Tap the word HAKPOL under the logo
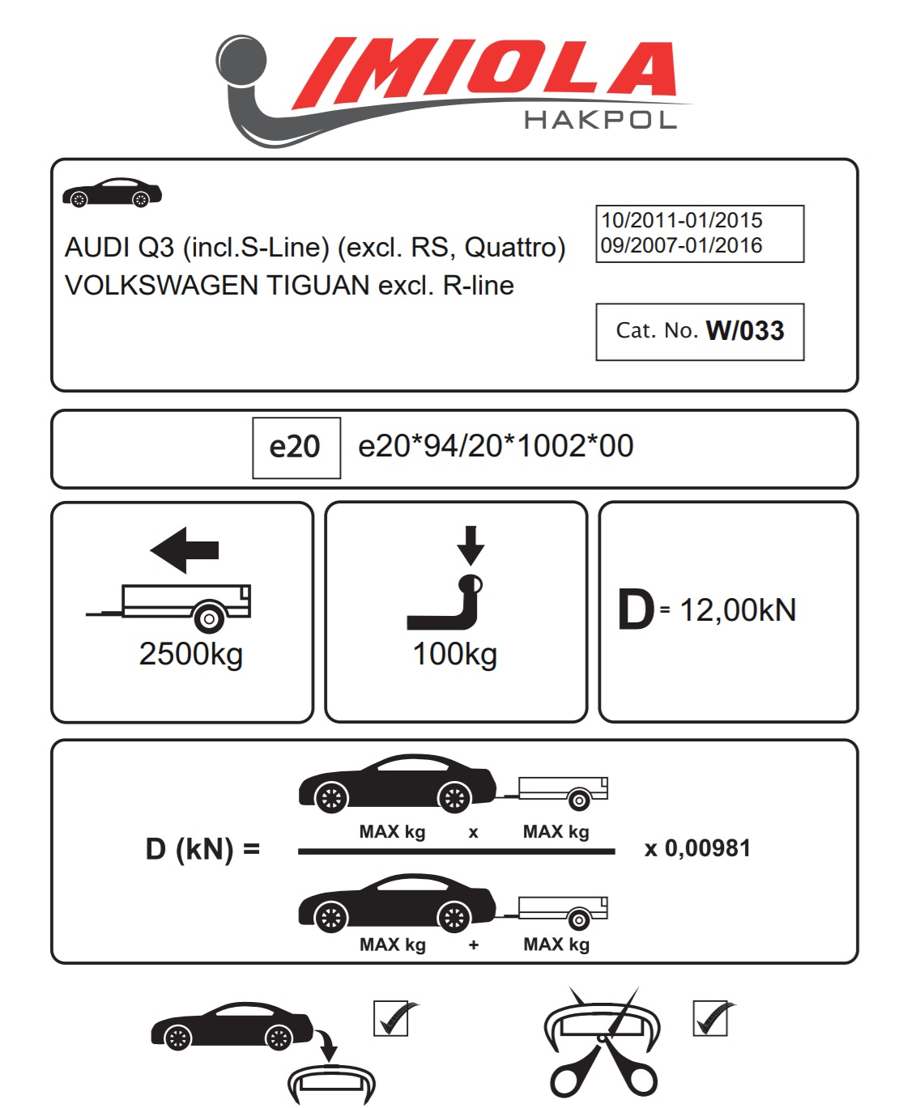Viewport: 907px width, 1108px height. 600,121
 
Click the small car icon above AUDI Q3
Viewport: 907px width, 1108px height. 112,193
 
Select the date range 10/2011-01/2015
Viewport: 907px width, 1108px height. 682,220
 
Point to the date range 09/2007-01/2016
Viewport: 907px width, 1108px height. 682,245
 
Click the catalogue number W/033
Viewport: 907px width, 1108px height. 745,330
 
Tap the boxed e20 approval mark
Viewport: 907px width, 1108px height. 296,447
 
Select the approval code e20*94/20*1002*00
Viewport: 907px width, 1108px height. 496,446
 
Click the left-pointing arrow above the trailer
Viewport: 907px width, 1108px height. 185,550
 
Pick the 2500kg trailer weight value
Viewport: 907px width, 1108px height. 191,654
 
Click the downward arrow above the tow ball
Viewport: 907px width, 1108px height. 471,545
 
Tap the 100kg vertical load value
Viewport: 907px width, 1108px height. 455,654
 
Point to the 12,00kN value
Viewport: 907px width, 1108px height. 738,610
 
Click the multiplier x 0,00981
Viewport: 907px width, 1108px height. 698,848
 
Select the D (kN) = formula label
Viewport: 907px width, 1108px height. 202,849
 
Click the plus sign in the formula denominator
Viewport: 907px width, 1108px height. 474,945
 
